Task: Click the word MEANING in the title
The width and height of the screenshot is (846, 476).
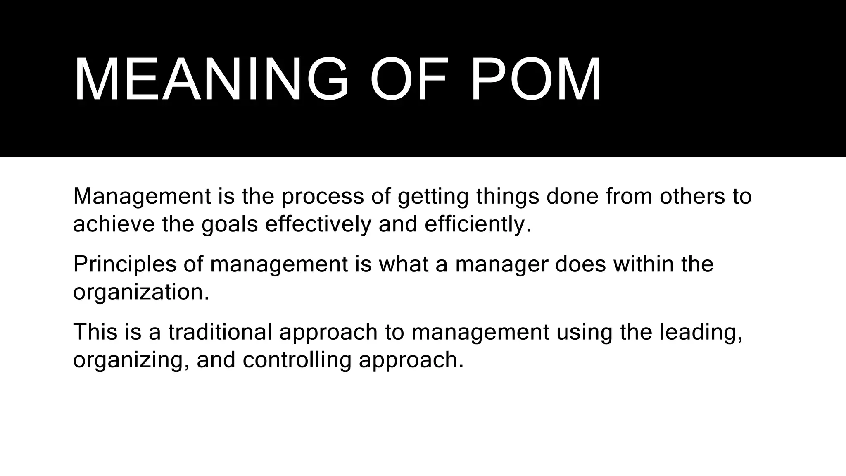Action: (x=211, y=79)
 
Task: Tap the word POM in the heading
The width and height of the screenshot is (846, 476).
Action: (x=536, y=79)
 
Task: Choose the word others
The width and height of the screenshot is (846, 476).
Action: (x=692, y=196)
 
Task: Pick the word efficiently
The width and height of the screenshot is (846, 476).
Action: (x=478, y=224)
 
